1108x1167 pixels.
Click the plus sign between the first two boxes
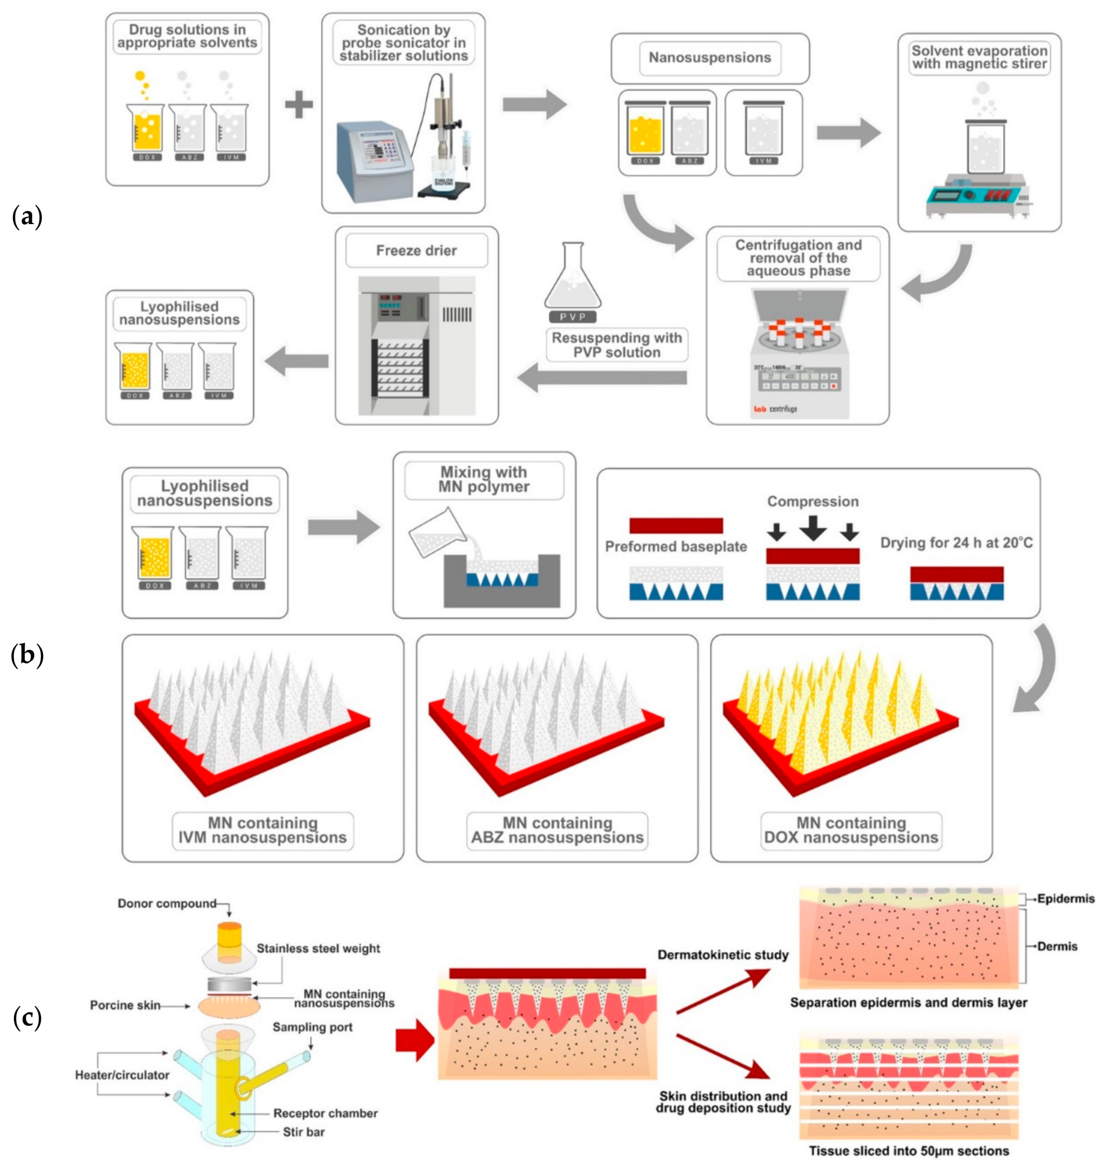tap(299, 106)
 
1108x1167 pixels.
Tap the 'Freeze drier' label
tap(416, 251)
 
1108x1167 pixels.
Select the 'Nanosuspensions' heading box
tap(709, 58)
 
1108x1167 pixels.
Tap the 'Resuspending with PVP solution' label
tap(616, 345)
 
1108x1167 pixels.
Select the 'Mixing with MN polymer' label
tap(483, 479)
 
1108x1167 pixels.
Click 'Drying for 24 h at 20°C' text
tap(956, 542)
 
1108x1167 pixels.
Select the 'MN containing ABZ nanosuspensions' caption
tap(557, 830)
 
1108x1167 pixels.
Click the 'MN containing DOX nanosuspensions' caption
tap(850, 830)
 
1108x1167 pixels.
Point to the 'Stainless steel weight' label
tap(318, 948)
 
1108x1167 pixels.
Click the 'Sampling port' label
tap(312, 1027)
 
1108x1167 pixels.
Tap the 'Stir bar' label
tap(303, 1132)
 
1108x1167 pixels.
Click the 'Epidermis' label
tap(1065, 899)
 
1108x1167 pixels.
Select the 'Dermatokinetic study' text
tap(723, 955)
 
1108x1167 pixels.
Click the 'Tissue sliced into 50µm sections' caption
tap(908, 1151)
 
